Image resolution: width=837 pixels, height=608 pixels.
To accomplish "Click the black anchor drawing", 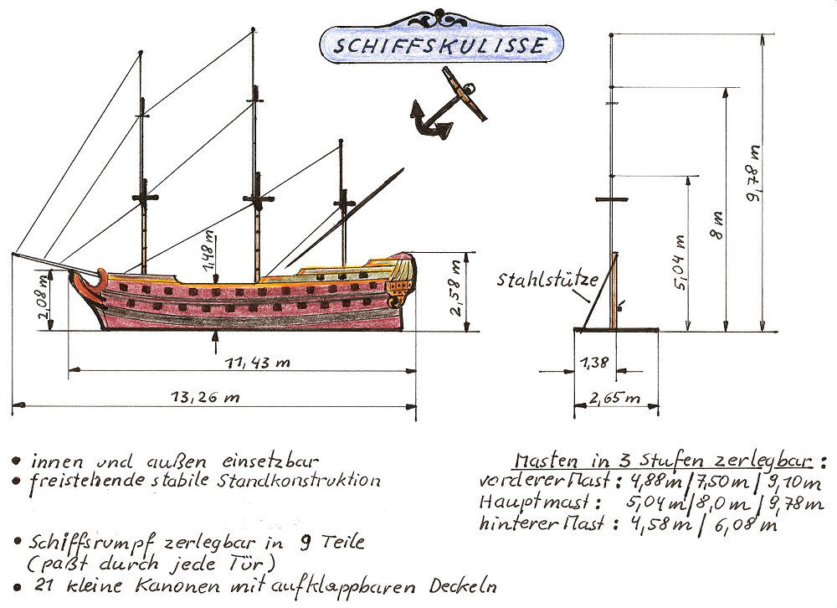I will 444,109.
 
